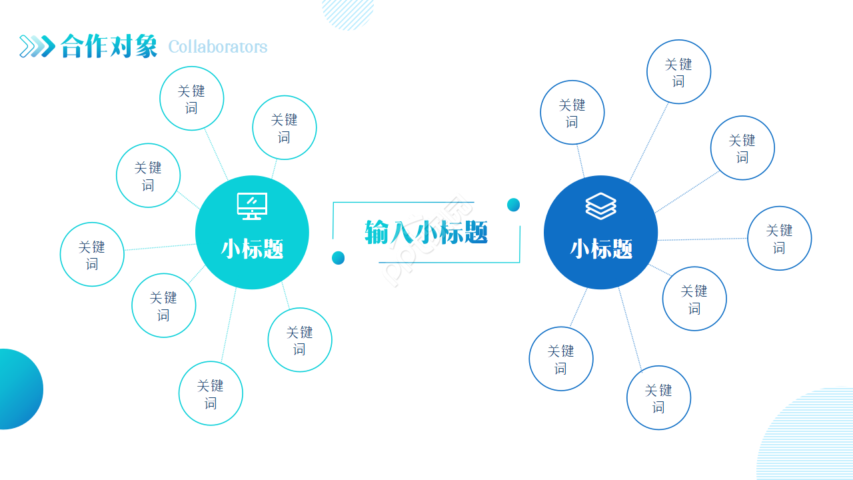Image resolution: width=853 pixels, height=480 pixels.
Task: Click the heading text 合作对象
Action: (109, 46)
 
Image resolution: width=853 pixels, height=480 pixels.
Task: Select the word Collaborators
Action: (217, 47)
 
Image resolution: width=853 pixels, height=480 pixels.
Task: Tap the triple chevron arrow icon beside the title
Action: (37, 46)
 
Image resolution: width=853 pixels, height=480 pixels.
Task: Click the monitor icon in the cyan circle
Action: (252, 206)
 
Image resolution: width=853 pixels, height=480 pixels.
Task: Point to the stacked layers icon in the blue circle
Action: (600, 206)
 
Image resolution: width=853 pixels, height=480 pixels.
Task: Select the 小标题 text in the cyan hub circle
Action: (252, 249)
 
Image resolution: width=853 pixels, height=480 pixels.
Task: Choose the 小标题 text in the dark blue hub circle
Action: (600, 249)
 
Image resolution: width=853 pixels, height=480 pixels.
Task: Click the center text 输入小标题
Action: (426, 232)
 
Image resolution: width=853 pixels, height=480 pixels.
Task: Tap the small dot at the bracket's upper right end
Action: (513, 205)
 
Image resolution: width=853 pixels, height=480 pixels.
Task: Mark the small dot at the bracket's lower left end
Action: (338, 257)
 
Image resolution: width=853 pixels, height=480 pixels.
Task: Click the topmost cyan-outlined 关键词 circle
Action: (191, 99)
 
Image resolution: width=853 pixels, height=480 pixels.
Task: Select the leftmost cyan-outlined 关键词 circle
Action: (92, 255)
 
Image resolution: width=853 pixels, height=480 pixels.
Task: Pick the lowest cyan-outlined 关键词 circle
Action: (211, 393)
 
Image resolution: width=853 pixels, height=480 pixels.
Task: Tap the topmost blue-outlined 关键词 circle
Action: (678, 72)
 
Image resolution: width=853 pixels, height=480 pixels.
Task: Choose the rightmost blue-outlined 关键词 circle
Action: (779, 238)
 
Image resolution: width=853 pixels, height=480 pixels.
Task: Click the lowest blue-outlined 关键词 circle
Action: (658, 398)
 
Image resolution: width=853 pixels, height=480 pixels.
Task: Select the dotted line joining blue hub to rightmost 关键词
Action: (702, 239)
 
